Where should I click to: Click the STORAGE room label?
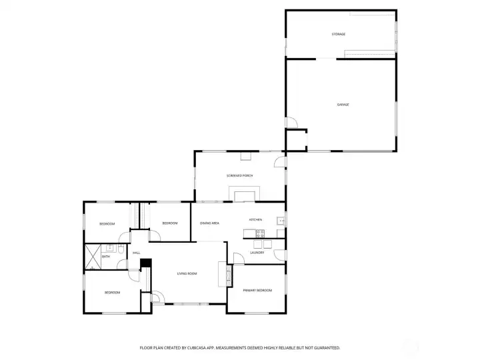coord(338,34)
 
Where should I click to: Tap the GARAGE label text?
coord(343,105)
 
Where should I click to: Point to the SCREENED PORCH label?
coord(240,176)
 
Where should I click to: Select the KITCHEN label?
coord(255,220)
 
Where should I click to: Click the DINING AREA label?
coord(209,223)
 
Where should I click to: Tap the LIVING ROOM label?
coord(187,274)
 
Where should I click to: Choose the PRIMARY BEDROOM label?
coord(257,291)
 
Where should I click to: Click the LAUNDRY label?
coord(257,253)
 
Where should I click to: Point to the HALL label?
coord(136,253)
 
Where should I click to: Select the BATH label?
coord(106,257)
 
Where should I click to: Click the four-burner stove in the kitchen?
coord(260,233)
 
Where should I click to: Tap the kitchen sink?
coord(281,221)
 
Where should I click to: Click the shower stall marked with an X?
coord(93,257)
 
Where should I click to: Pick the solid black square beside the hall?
coord(146,263)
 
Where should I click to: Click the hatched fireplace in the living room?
coord(229,275)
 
